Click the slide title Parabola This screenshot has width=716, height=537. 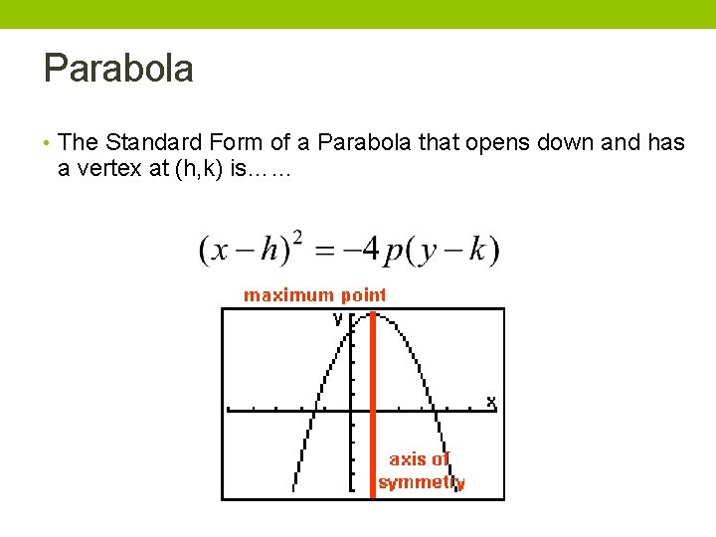pyautogui.click(x=118, y=70)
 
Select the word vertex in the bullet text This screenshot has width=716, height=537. pyautogui.click(x=106, y=169)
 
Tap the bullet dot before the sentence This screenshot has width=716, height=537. pyautogui.click(x=47, y=144)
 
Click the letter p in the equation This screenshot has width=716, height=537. pyautogui.click(x=394, y=253)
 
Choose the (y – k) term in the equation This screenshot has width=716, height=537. pyautogui.click(x=454, y=250)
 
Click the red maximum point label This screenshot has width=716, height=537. pyautogui.click(x=315, y=295)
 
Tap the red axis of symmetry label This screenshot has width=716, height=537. pyautogui.click(x=421, y=471)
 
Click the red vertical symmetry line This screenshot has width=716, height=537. pyautogui.click(x=373, y=418)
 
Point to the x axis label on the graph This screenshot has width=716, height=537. pyautogui.click(x=490, y=402)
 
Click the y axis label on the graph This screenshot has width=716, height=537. pyautogui.click(x=337, y=319)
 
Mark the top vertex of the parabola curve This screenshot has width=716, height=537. pyautogui.click(x=373, y=314)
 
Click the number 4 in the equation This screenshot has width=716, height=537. pyautogui.click(x=369, y=249)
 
